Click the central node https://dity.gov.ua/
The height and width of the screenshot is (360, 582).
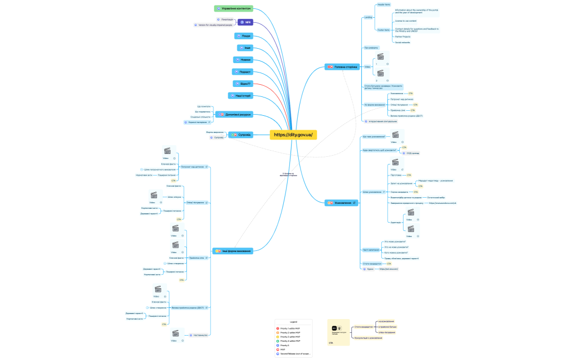point(293,135)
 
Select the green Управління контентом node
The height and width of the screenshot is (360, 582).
point(233,9)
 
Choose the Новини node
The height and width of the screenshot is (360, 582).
point(244,59)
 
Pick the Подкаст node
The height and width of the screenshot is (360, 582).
point(243,71)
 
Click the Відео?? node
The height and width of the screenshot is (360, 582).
point(243,84)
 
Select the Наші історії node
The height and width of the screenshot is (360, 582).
point(240,95)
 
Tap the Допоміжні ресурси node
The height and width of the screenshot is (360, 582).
point(236,115)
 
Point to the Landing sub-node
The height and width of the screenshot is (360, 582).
point(369,17)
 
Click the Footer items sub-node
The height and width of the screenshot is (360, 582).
point(383,30)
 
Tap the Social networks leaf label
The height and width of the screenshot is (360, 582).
point(403,42)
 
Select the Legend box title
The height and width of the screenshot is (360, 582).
point(294,322)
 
